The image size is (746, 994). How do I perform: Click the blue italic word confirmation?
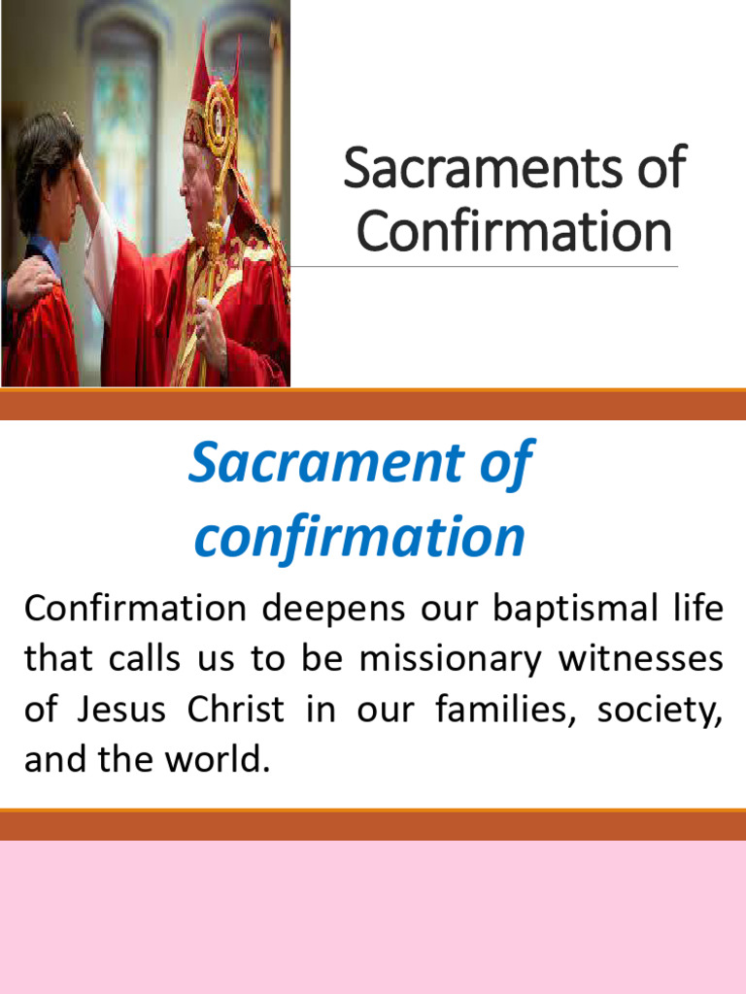pos(359,536)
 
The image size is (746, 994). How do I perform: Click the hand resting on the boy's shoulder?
pos(29,283)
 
